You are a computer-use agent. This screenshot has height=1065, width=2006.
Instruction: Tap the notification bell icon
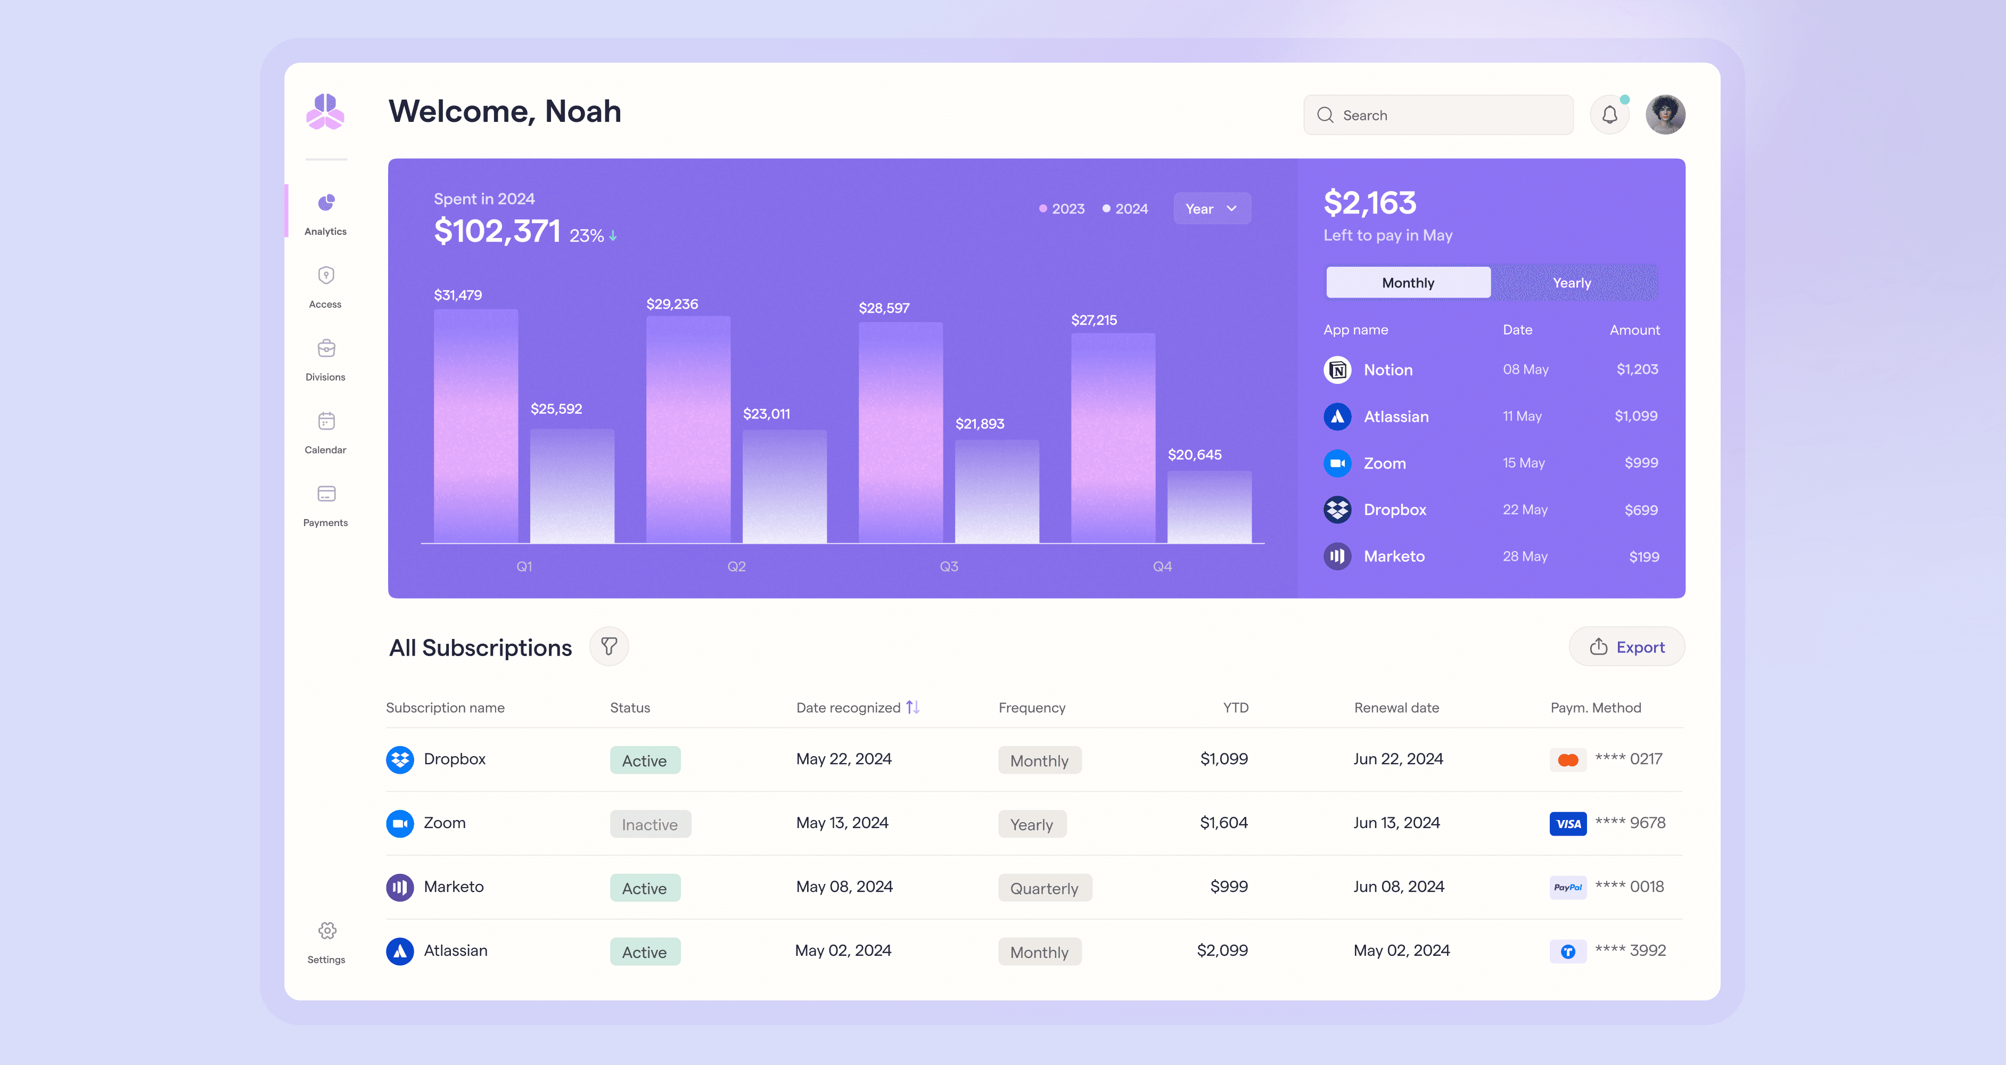click(1609, 116)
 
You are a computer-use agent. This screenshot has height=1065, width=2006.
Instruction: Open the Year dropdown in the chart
click(1212, 209)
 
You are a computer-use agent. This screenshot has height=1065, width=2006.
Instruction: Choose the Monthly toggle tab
click(1408, 283)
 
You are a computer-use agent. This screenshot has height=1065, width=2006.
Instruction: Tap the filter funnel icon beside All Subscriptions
click(609, 646)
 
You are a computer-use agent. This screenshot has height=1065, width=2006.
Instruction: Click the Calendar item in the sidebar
click(325, 433)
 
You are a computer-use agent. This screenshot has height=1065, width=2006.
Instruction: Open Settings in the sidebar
click(326, 943)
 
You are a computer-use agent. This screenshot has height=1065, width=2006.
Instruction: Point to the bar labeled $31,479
click(476, 425)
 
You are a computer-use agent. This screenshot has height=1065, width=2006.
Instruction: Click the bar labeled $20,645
click(1210, 506)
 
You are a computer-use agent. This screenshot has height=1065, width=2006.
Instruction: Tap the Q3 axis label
click(949, 567)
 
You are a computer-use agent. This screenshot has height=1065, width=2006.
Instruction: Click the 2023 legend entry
click(1062, 209)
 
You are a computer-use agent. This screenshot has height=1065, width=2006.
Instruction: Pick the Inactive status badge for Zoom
click(650, 824)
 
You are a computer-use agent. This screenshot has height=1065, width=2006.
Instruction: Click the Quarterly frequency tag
click(1045, 888)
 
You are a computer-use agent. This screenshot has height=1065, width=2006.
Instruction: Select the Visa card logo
click(1567, 823)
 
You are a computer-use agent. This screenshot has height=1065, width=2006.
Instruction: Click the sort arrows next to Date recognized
click(912, 707)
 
